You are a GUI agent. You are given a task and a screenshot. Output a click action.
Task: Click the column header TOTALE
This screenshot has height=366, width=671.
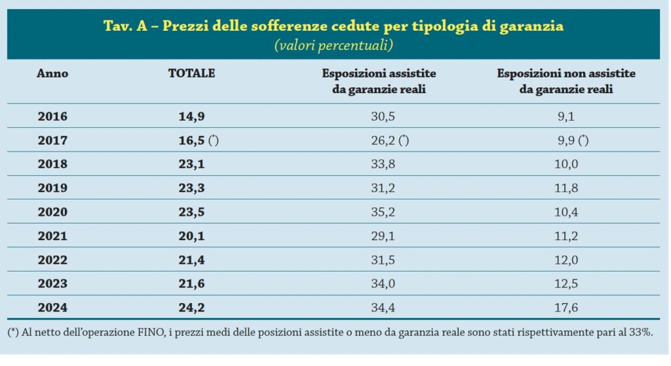pos(191,73)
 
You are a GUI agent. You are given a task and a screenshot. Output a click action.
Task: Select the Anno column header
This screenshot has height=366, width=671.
pos(52,73)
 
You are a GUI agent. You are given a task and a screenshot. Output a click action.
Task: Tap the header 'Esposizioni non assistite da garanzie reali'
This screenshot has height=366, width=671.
pos(566,81)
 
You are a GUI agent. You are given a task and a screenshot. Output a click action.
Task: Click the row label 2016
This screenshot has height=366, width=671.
pos(52,117)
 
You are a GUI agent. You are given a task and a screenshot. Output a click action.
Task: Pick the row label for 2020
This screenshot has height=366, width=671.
pos(52,211)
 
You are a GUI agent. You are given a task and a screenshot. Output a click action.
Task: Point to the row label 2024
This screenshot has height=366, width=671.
pos(52,306)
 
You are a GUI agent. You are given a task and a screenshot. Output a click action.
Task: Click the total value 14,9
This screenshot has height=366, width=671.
pos(191,117)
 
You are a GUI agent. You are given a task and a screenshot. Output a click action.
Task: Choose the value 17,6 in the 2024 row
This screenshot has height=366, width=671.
pos(566,306)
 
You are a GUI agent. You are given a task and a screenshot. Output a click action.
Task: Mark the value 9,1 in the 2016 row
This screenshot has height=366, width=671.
pos(566,117)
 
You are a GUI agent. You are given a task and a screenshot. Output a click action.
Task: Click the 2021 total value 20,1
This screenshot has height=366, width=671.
pos(191,235)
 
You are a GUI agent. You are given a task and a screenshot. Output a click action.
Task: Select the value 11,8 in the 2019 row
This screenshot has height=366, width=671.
pos(566,188)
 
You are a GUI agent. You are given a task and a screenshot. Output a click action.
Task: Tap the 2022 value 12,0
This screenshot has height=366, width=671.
pos(566,258)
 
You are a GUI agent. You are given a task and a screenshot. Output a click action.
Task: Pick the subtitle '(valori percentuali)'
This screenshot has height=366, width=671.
pos(333,45)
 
